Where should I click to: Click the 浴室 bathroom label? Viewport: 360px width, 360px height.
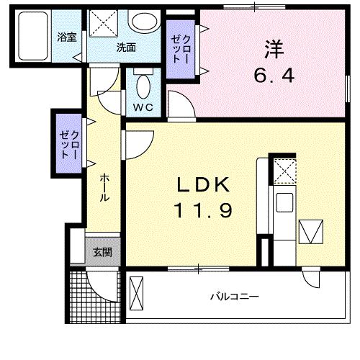pos(66,37)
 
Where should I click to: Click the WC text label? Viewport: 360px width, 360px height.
pos(143,108)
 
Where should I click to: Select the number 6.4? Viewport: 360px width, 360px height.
pos(274,74)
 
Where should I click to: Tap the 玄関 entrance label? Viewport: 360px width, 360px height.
pos(102,252)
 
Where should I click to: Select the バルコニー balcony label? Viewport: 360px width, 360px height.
pos(234,296)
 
